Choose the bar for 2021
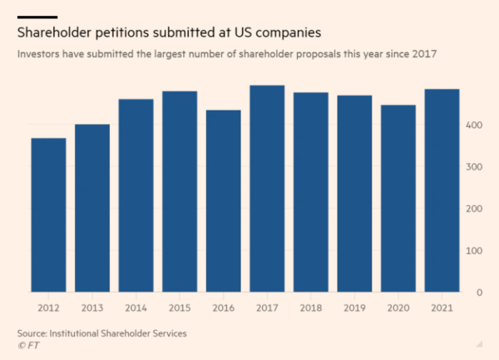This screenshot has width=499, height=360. coord(442,190)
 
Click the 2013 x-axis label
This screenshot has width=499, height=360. coord(92,308)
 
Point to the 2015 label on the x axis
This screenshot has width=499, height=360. coord(180,308)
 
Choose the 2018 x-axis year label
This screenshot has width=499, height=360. coord(310,308)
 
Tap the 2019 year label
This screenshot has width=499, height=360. coord(354,308)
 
